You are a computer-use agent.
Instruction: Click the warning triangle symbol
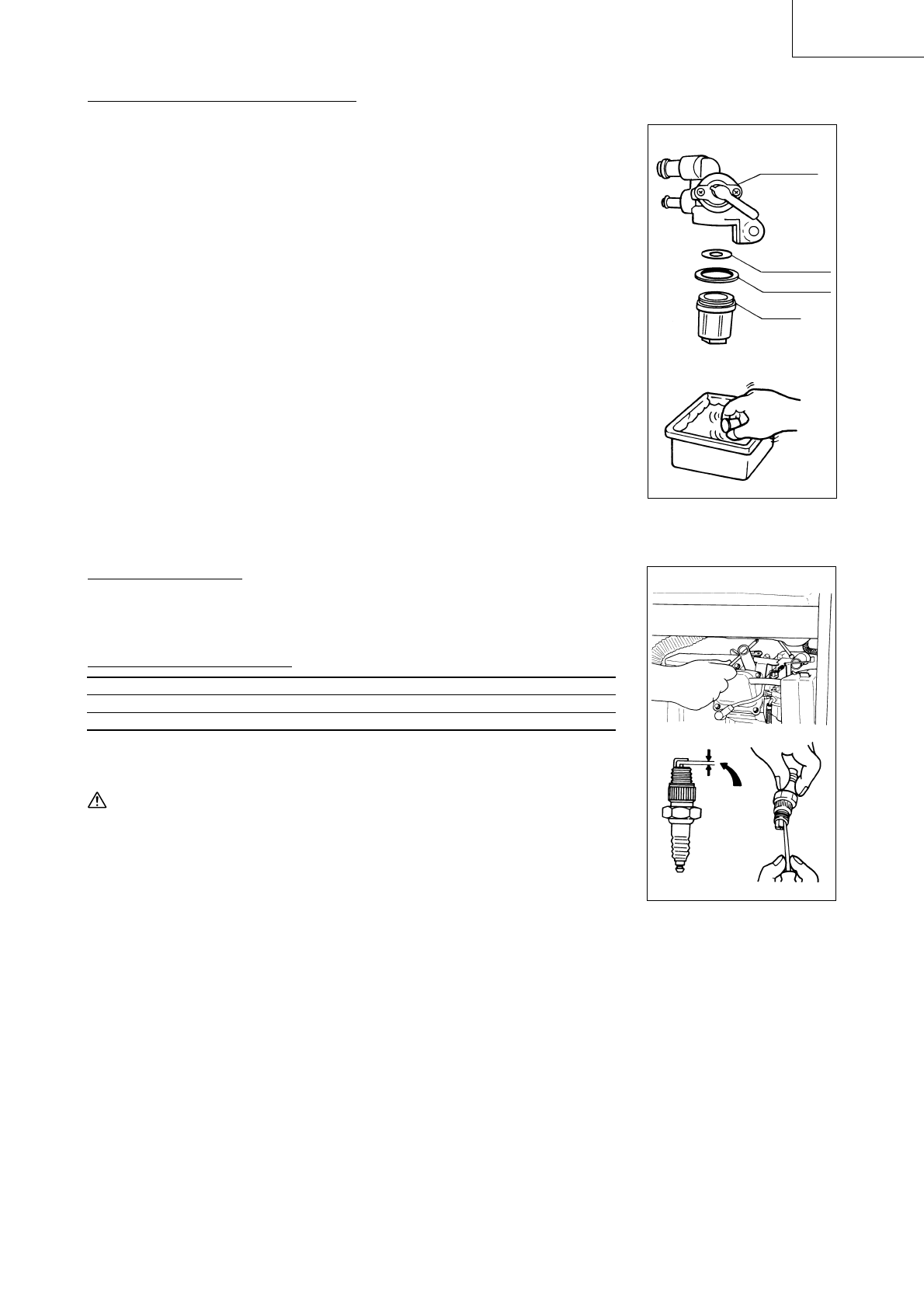(x=96, y=802)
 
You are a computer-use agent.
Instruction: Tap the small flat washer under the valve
(x=714, y=254)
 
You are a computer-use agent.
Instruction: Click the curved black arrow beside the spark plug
(x=729, y=774)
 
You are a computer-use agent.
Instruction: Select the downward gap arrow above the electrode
(x=709, y=754)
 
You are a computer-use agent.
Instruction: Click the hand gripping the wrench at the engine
(x=691, y=688)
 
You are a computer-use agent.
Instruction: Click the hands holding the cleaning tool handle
(x=788, y=866)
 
